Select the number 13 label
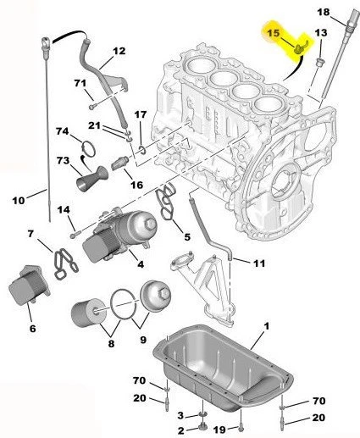pyautogui.click(x=319, y=32)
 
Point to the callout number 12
pyautogui.click(x=119, y=51)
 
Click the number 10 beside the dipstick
pyautogui.click(x=19, y=200)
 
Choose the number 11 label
pyautogui.click(x=258, y=263)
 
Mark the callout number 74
pyautogui.click(x=62, y=131)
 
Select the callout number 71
pyautogui.click(x=80, y=82)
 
